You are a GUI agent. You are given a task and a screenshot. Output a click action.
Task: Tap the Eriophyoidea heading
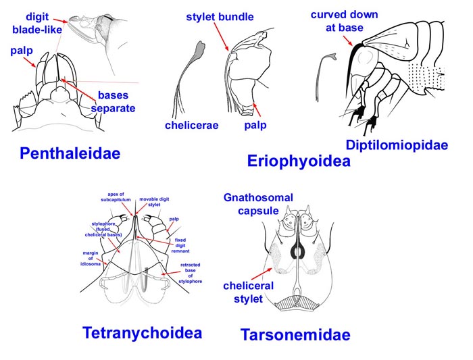298,161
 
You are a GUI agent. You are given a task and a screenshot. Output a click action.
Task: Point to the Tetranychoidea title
142,332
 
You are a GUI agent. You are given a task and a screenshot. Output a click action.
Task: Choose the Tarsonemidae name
295,334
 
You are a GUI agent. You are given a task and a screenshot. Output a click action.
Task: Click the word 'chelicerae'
192,126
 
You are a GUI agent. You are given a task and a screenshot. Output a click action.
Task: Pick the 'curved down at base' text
345,22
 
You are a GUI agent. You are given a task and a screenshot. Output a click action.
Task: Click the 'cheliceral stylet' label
248,292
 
